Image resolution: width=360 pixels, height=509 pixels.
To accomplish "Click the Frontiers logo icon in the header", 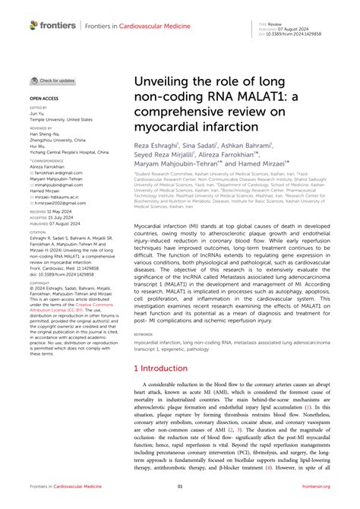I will [34, 24].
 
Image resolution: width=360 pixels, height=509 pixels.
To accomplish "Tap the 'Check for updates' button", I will [53, 80].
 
